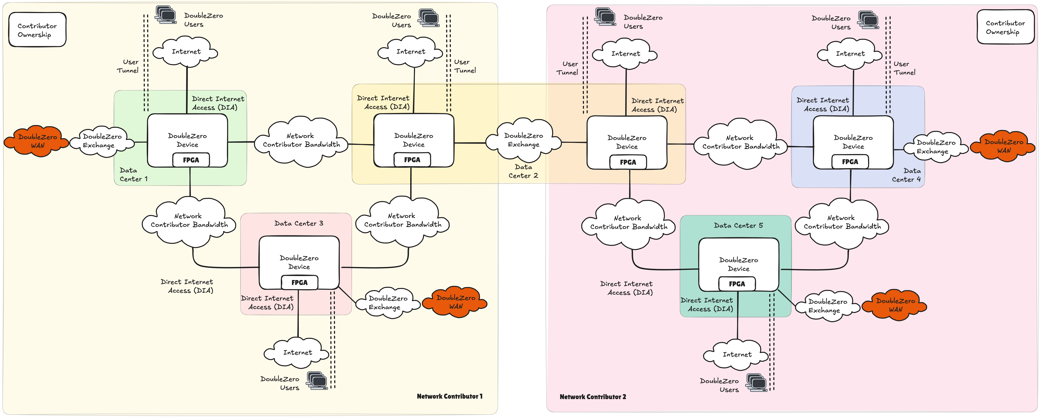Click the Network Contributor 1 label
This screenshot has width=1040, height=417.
[x=449, y=396]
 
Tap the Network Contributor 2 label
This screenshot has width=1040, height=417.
[x=593, y=397]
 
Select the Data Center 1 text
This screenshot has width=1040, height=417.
[x=134, y=174]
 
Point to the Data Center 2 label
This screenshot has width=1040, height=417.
[x=523, y=171]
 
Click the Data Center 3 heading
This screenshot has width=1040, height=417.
[x=299, y=223]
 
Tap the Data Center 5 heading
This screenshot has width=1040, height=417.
[x=738, y=225]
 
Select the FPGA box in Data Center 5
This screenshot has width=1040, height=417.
[x=737, y=284]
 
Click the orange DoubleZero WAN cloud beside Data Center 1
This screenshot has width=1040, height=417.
[x=37, y=141]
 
